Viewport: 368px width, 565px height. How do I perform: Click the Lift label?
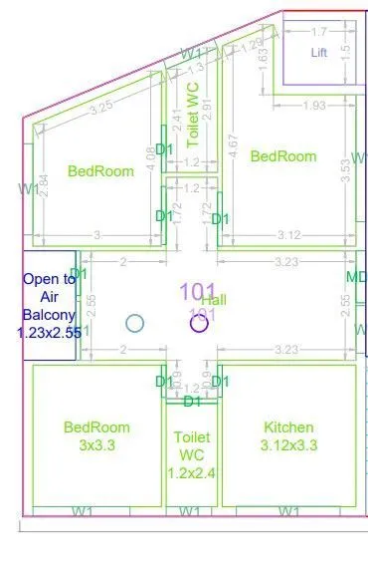318,52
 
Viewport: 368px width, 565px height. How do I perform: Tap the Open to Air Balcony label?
49,307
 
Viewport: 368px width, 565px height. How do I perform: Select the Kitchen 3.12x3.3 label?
288,435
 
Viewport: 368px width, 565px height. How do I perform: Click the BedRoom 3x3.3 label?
96,435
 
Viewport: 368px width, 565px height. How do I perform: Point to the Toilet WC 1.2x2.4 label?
192,454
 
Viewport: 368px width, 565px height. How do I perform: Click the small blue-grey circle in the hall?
135,323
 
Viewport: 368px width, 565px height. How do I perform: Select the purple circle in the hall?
199,323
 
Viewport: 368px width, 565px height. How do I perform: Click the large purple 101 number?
197,291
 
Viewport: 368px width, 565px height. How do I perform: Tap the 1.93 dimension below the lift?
314,106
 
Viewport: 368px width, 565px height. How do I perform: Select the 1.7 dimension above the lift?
318,31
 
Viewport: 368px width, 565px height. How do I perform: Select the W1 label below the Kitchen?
288,511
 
